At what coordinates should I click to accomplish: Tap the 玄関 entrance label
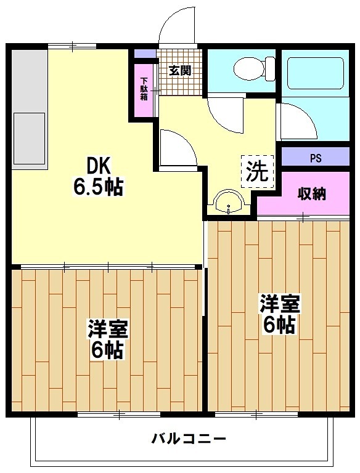(179, 70)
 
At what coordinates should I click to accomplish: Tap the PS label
(315, 158)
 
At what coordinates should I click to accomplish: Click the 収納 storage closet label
(312, 193)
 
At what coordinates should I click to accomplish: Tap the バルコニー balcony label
(189, 439)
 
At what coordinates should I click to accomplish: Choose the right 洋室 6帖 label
(279, 314)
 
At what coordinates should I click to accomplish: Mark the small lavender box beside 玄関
(145, 54)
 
